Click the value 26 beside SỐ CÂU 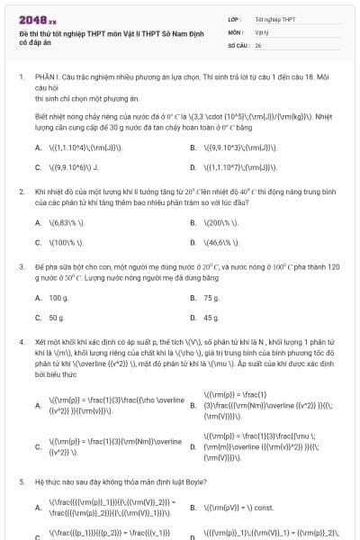[258, 44]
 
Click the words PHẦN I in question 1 [46, 78]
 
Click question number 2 [21, 193]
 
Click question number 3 [21, 267]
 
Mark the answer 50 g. [57, 318]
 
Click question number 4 [21, 343]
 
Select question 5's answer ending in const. [238, 508]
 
